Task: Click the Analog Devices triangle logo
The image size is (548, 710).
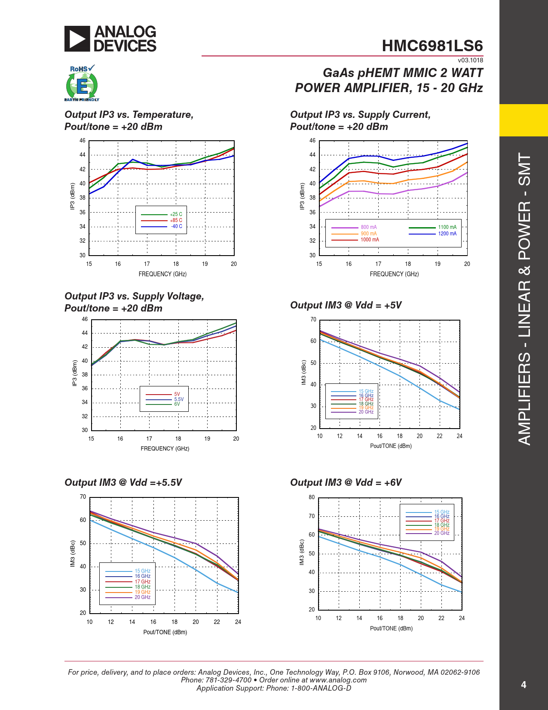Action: point(77,39)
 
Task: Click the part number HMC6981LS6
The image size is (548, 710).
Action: point(432,46)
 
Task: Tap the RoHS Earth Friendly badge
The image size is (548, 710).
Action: point(82,83)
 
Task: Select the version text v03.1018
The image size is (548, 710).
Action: point(470,60)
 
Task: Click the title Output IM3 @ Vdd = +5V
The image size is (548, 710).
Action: point(346,305)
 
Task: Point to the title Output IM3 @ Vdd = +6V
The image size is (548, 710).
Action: point(346,482)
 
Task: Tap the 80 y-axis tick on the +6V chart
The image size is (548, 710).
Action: point(312,497)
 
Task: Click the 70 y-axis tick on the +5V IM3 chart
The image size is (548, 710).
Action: point(313,320)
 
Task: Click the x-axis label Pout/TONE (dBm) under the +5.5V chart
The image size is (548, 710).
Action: point(165,632)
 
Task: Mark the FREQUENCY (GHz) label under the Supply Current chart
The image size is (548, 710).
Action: point(394,274)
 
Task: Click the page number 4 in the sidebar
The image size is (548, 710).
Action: point(524,685)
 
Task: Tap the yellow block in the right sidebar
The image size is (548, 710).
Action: point(524,120)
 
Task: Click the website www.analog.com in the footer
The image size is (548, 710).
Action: point(338,680)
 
